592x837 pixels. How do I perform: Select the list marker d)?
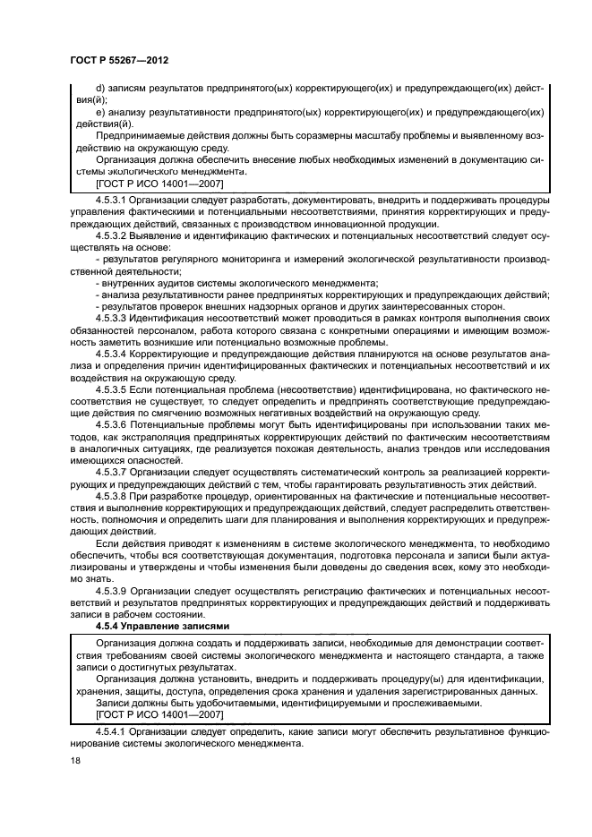(x=99, y=88)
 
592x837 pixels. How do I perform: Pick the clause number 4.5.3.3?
(x=111, y=318)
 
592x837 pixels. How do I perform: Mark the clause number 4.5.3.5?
(x=111, y=389)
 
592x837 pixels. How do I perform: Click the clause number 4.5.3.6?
(x=111, y=425)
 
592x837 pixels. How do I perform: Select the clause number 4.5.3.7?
(x=111, y=472)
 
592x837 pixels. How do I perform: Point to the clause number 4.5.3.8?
(x=111, y=495)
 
